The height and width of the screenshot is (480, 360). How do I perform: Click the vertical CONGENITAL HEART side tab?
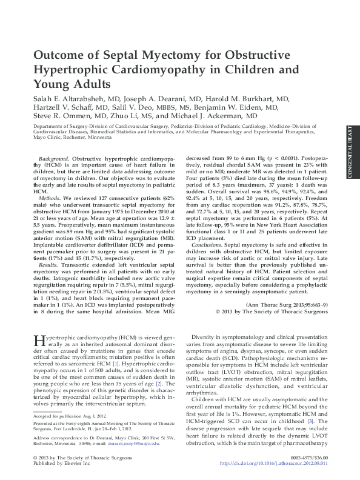click(350, 152)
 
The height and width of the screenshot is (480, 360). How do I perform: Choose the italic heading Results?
click(50, 265)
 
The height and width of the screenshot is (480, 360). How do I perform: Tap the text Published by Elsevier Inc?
click(57, 463)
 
